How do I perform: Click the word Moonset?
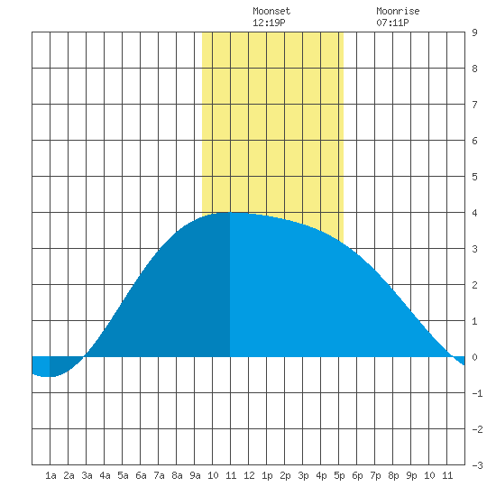tap(271, 11)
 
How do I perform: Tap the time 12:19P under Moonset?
tap(269, 23)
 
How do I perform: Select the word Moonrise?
tap(398, 11)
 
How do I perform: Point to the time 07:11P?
tap(392, 23)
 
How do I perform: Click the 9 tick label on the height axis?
tap(474, 32)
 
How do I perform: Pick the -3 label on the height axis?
tap(477, 465)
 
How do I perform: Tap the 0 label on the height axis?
tap(474, 357)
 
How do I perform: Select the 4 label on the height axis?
tap(474, 213)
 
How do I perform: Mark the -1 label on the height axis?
tap(477, 393)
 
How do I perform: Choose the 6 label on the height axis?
tap(474, 141)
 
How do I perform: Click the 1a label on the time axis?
tap(51, 475)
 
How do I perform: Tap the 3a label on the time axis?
tap(87, 475)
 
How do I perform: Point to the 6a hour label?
tap(141, 475)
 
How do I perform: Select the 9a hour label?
tap(195, 475)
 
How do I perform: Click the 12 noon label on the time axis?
tap(249, 475)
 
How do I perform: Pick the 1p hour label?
tap(267, 475)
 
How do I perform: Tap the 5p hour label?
tap(339, 475)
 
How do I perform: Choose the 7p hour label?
tap(375, 475)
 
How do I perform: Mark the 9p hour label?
tap(411, 475)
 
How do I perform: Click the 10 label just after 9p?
tap(429, 475)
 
